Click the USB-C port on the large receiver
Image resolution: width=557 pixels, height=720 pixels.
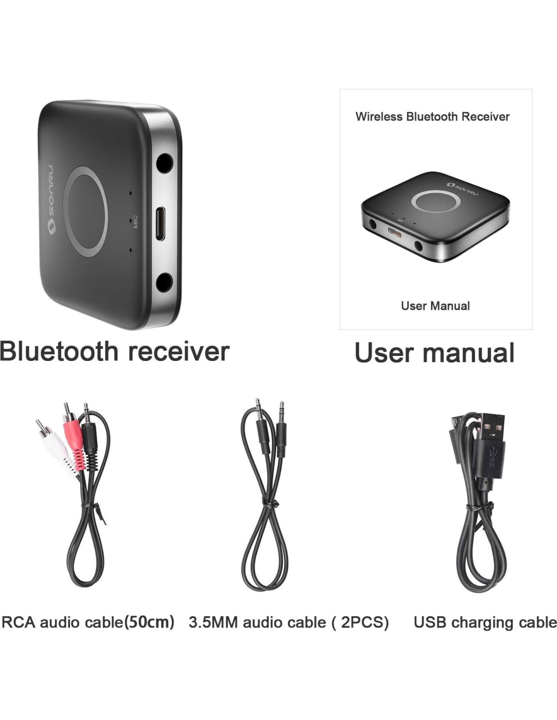(160, 223)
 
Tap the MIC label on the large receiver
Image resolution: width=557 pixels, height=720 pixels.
(135, 223)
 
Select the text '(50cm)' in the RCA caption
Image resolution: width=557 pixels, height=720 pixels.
(149, 621)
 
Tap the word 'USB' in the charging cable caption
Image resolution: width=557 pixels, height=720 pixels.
(430, 622)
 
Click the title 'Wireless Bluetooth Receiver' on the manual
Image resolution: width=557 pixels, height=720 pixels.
(432, 116)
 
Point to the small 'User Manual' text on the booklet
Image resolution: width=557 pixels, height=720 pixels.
(435, 306)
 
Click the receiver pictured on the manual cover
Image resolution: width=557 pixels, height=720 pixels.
(435, 218)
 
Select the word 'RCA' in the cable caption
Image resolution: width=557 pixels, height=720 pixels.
(19, 622)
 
